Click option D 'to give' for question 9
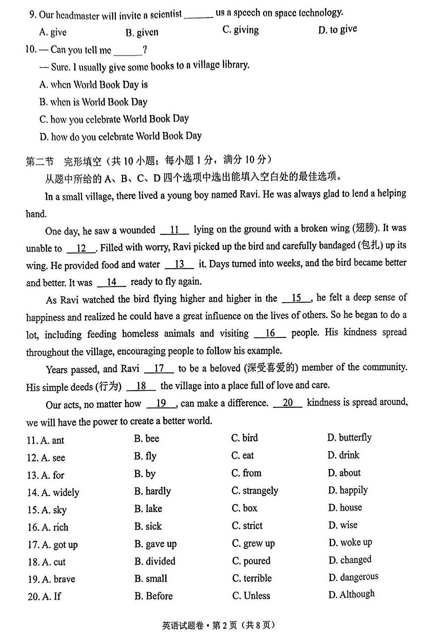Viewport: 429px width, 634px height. coord(337,29)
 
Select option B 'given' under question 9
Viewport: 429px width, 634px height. coord(142,32)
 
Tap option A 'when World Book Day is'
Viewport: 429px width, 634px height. coord(93,84)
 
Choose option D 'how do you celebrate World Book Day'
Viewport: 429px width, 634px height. coord(121,136)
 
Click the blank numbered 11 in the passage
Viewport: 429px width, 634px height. coord(174,230)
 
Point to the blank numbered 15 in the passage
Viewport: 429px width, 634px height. coord(296,298)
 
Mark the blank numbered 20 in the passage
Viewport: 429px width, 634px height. coord(287,403)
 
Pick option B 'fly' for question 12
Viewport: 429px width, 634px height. coord(145,456)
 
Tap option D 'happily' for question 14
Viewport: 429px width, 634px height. coord(348,490)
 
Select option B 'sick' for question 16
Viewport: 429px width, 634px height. coord(148,526)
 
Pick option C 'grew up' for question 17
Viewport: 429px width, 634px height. coord(253,543)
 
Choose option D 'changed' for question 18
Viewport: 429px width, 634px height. coord(350,560)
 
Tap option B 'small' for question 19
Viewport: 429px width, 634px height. coord(151,578)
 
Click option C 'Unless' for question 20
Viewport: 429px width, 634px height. coord(251,596)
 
